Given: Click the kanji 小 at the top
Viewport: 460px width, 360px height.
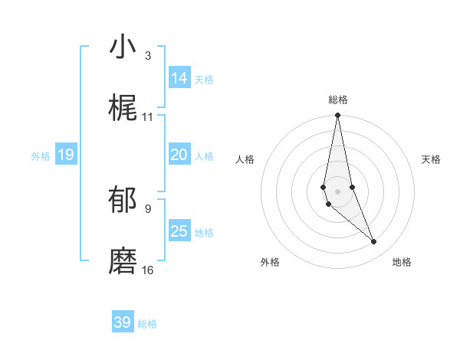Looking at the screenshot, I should pyautogui.click(x=123, y=47).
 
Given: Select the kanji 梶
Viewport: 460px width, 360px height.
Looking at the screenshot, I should pyautogui.click(x=123, y=110).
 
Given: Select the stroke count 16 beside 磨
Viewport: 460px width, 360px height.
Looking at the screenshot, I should pyautogui.click(x=147, y=270).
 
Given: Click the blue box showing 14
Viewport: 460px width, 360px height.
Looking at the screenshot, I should pyautogui.click(x=179, y=77).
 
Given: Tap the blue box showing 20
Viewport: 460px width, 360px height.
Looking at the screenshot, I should pyautogui.click(x=179, y=154).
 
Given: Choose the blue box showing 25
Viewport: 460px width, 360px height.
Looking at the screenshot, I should pyautogui.click(x=179, y=231).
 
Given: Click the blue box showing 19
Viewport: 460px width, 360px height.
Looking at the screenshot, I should pyautogui.click(x=66, y=155).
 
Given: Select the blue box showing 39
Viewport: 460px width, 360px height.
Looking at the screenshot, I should pyautogui.click(x=123, y=322).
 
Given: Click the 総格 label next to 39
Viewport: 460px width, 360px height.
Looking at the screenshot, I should pyautogui.click(x=148, y=324).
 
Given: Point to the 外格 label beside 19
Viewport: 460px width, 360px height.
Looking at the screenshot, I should pyautogui.click(x=41, y=156).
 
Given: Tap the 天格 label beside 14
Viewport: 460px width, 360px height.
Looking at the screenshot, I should pyautogui.click(x=204, y=79).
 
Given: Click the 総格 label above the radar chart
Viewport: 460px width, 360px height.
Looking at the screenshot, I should pyautogui.click(x=338, y=100).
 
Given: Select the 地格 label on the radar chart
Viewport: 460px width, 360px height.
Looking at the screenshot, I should pyautogui.click(x=402, y=262).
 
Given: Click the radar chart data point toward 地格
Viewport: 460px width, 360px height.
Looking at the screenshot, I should pyautogui.click(x=374, y=242).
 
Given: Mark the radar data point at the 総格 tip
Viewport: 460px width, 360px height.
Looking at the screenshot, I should pyautogui.click(x=338, y=116).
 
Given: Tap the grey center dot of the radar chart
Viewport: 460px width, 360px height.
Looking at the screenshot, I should pyautogui.click(x=338, y=191).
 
